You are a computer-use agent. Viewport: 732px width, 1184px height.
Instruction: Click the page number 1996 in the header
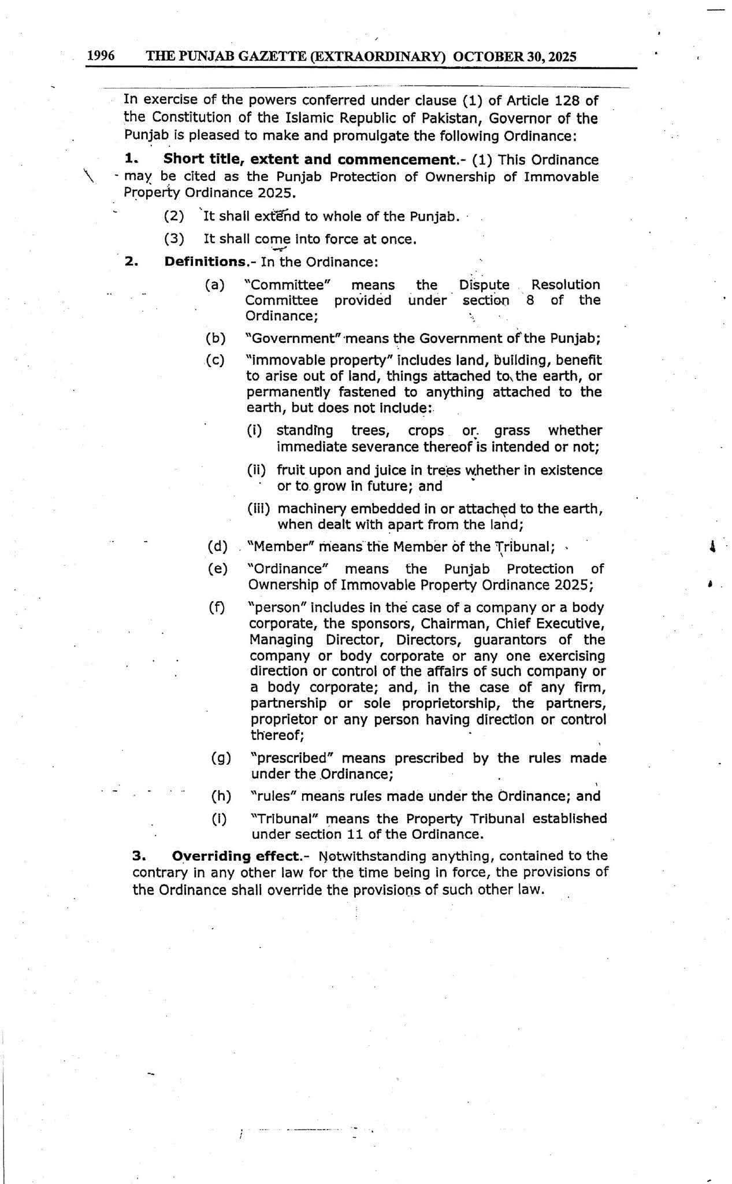(x=101, y=55)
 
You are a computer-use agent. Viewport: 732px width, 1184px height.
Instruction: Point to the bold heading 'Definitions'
(x=205, y=261)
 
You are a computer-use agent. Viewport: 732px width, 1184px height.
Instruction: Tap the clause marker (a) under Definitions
(x=215, y=284)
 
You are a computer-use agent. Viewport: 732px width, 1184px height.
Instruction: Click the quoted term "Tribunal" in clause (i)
(x=288, y=819)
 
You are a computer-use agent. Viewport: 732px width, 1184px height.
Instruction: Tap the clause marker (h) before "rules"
(x=221, y=796)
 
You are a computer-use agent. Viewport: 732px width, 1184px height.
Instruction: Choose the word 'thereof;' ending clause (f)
(x=277, y=735)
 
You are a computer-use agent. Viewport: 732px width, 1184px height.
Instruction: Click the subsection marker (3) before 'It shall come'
(x=174, y=239)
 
